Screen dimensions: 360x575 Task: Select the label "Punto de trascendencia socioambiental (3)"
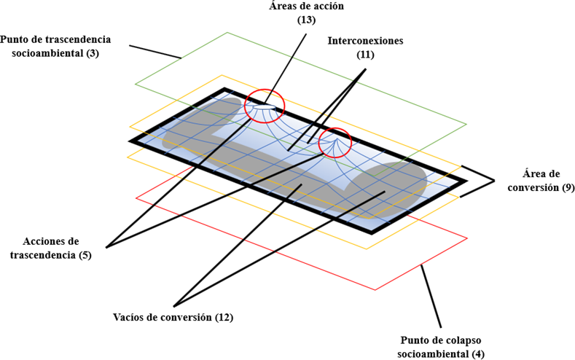56,45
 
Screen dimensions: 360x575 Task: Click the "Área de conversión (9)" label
537,181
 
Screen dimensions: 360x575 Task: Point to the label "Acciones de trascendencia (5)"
50,247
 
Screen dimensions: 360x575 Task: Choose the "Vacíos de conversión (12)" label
173,317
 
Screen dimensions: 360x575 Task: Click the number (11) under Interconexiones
364,55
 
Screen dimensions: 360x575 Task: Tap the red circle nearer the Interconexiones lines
335,142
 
